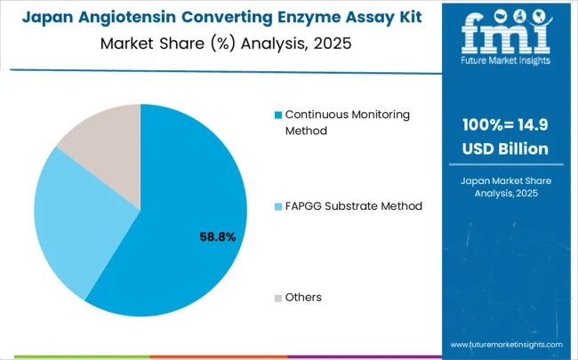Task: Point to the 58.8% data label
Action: tap(217, 237)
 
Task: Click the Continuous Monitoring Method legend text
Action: tap(335, 123)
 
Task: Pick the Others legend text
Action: tap(303, 297)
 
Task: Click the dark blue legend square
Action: tap(277, 116)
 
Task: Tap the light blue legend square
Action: tap(277, 206)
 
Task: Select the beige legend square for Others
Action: tap(277, 297)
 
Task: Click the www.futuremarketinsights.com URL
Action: tap(506, 344)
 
